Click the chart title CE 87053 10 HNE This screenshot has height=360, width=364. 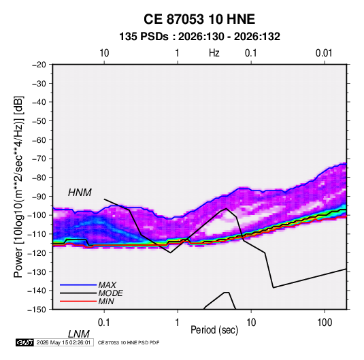coord(199,19)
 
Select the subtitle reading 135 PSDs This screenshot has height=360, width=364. coord(144,37)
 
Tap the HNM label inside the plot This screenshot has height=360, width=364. coord(80,193)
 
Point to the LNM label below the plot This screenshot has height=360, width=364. coord(78,334)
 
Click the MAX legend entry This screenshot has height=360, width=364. coord(107,284)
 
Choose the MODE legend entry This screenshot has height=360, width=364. coord(110,293)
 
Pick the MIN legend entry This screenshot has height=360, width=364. coord(106,301)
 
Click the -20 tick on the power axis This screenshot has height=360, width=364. coord(39,65)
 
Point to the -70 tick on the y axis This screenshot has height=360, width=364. coord(39,159)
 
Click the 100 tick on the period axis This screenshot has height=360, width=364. coord(325,323)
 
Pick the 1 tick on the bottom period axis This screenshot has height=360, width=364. coord(178,323)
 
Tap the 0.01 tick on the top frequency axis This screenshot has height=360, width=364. coord(324,53)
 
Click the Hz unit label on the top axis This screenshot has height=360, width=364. coord(214,53)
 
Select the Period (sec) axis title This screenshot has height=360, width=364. coord(214,330)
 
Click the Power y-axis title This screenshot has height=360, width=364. coord(18,186)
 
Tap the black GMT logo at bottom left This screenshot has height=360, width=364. coord(25,342)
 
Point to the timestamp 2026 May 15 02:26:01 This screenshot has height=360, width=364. coord(63,342)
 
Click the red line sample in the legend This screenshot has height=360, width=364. coord(78,301)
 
